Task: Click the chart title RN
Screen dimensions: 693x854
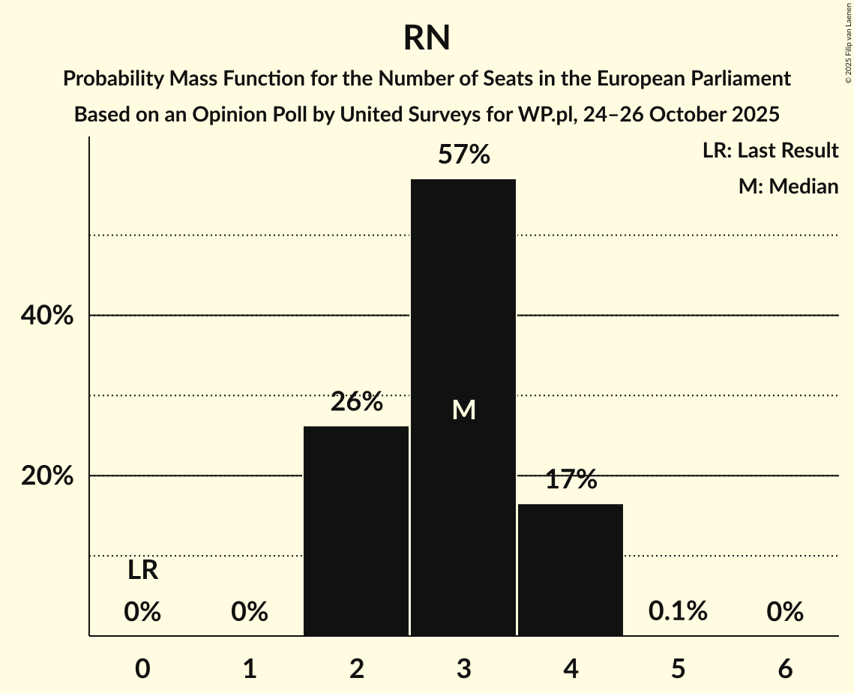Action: (x=427, y=37)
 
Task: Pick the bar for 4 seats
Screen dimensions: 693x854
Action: (x=571, y=570)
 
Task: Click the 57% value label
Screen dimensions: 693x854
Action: (x=463, y=155)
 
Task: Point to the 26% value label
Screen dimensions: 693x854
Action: (x=356, y=402)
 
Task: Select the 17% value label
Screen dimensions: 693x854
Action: (x=571, y=480)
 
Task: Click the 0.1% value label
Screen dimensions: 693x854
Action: (x=678, y=611)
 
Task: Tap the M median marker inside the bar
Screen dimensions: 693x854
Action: (x=463, y=409)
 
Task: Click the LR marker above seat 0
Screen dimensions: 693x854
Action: (x=142, y=571)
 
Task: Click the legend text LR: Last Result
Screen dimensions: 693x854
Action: (x=770, y=151)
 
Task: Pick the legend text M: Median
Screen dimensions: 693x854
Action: (x=788, y=186)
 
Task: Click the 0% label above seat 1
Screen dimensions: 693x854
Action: (x=250, y=612)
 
